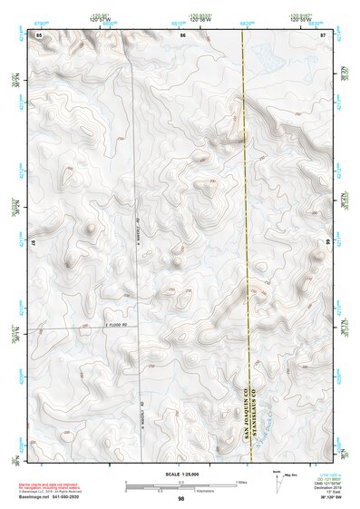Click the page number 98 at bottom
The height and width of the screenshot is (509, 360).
181,499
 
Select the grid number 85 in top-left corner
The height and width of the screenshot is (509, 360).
39,34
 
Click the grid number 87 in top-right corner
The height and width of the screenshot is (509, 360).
323,34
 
